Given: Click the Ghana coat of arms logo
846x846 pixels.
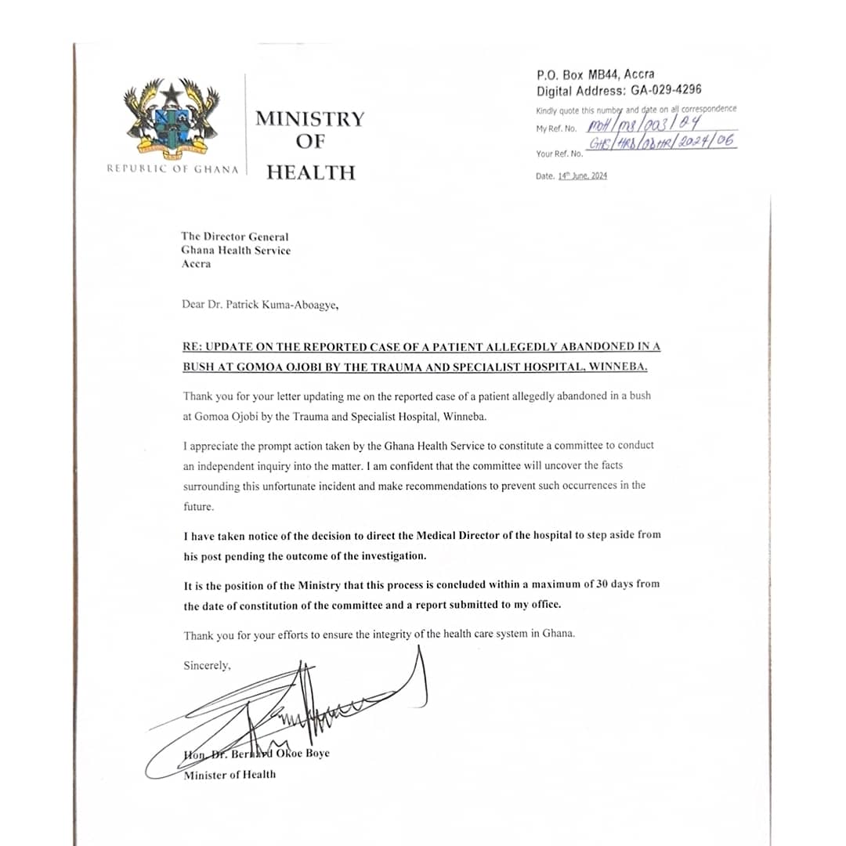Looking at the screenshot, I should point(172,115).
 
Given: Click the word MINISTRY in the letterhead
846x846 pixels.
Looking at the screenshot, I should point(310,119).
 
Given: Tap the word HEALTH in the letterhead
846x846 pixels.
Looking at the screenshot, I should point(310,172).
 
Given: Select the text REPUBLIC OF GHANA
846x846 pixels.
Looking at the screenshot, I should point(173,169).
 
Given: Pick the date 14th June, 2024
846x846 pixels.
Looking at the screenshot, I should point(582,176).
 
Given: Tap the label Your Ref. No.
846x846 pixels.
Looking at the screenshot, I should point(559,154).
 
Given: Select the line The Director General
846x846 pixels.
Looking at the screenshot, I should point(234,237).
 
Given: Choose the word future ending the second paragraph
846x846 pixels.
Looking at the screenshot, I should point(197,506).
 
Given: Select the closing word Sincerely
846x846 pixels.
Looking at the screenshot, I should point(207,666).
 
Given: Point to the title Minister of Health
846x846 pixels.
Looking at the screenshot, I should point(230,775).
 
